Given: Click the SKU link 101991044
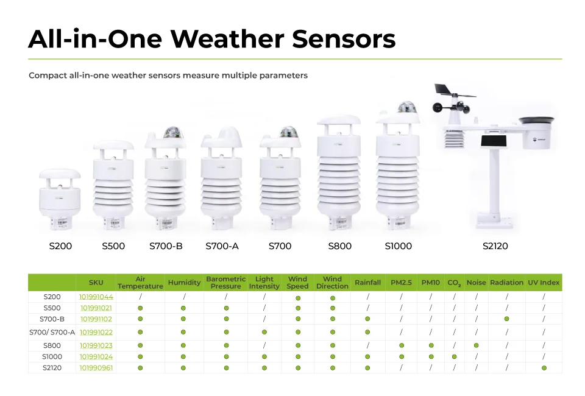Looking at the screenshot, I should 96,297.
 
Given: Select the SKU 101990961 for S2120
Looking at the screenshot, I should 96,368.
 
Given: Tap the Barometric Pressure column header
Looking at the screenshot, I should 225,283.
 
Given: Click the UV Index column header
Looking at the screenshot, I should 544,283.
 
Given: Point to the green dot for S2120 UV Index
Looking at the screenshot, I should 544,368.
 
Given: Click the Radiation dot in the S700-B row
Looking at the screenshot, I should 506,319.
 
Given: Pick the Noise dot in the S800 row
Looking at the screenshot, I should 476,345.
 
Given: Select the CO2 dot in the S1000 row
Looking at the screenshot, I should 454,356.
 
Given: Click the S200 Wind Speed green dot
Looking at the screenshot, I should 298,298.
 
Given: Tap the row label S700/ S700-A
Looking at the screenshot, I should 52,332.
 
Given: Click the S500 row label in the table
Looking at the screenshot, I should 52,308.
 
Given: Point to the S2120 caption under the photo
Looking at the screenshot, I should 495,246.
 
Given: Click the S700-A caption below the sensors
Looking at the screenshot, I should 222,246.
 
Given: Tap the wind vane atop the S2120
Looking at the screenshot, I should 453,94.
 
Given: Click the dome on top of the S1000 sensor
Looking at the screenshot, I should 406,108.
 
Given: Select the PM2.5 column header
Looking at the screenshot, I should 402,283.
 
